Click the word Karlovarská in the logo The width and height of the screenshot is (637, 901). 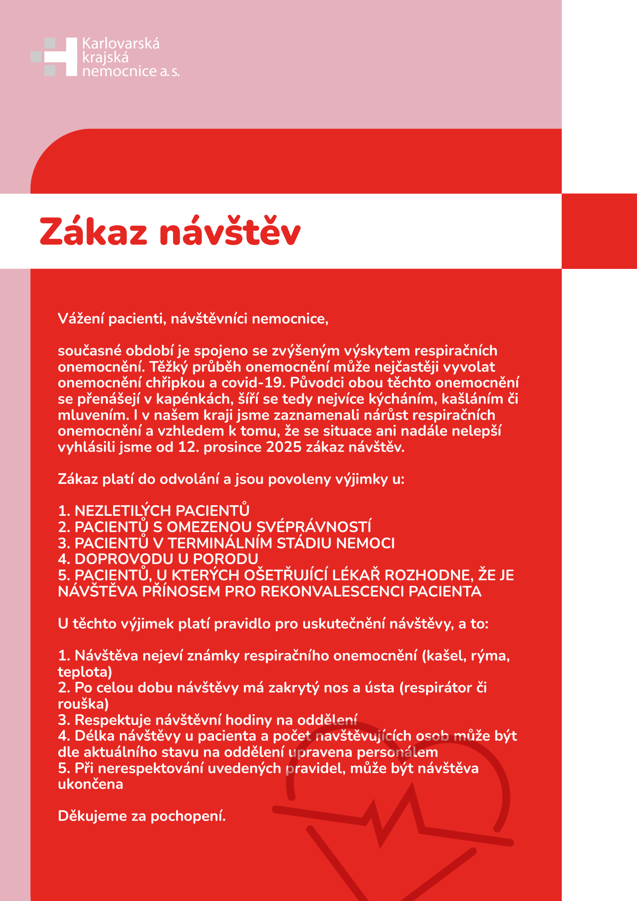[121, 44]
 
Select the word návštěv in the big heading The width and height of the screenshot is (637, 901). [230, 232]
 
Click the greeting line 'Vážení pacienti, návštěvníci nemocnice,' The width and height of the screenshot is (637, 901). [193, 319]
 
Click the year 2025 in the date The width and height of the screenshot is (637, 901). [283, 447]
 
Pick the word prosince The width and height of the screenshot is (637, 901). [232, 447]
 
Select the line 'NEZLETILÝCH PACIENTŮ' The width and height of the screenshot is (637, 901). [162, 511]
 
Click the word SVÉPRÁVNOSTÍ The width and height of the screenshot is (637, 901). [314, 527]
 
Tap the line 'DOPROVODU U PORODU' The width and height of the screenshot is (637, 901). [166, 559]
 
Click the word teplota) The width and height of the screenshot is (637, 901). [85, 672]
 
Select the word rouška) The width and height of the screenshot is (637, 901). [83, 704]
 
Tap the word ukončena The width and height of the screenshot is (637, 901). [91, 784]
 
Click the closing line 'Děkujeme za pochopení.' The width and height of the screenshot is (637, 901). [142, 816]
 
